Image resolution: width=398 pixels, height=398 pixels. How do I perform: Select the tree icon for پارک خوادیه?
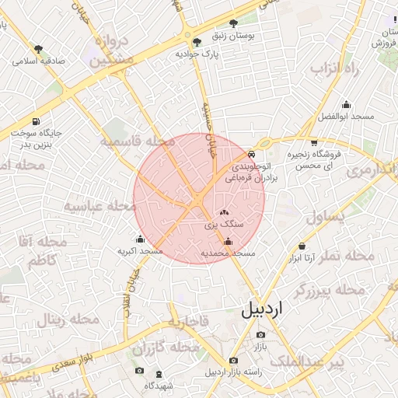[x=197, y=42]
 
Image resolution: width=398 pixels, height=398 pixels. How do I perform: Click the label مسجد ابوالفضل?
[x=346, y=117]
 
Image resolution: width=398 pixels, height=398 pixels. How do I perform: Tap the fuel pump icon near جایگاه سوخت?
[x=37, y=121]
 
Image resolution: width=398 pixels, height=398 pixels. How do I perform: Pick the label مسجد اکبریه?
[x=140, y=251]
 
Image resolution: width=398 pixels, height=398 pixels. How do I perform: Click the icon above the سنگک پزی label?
[x=225, y=211]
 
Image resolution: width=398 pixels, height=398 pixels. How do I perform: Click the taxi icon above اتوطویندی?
[x=250, y=155]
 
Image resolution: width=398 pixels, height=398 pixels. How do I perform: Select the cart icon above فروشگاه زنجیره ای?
[x=314, y=142]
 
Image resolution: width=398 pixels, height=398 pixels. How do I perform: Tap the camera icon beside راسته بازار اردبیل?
[x=234, y=361]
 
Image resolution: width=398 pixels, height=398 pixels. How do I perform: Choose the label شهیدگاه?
[x=162, y=386]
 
